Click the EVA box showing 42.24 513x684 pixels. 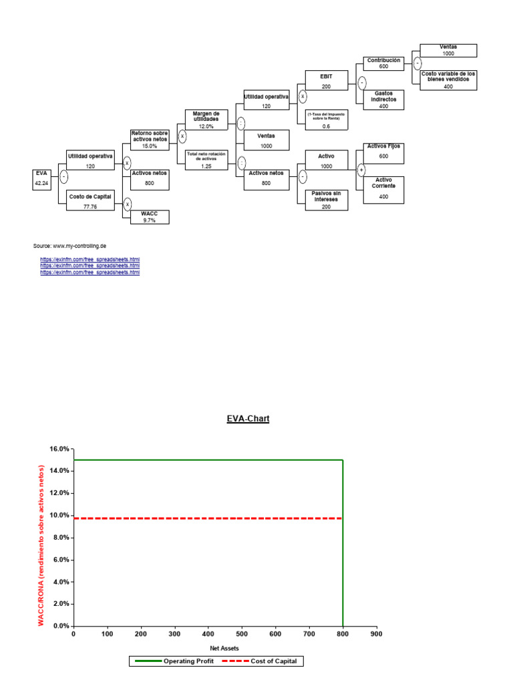coord(41,179)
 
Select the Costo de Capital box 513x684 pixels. coord(90,200)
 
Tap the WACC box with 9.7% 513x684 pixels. coord(149,216)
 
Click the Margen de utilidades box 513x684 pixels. coord(206,121)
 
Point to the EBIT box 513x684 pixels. coord(325,81)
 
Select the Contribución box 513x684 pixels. coord(383,63)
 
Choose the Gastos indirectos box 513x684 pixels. coord(383,100)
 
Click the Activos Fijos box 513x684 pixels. coord(383,152)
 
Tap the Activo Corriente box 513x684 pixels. coord(383,189)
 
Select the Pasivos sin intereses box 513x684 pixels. coord(325,200)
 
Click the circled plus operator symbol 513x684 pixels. coord(361,170)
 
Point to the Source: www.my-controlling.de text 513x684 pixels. coord(69,246)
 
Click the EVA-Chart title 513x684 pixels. coord(246,419)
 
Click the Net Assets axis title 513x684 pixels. coord(224,648)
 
